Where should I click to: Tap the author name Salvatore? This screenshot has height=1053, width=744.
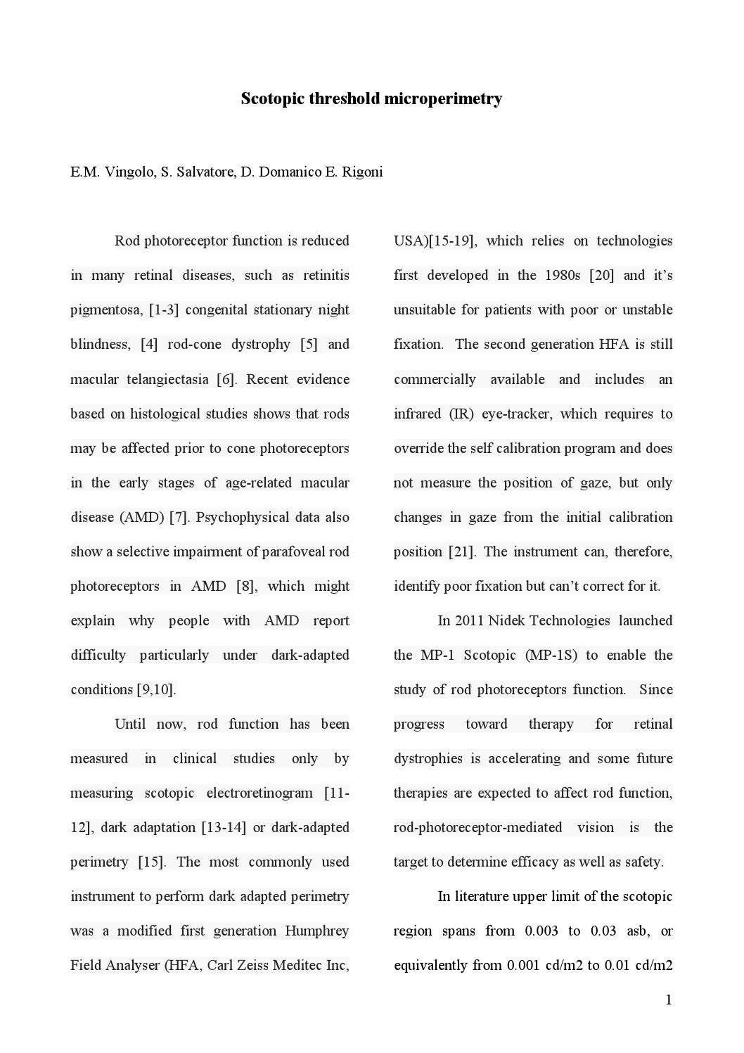click(x=197, y=172)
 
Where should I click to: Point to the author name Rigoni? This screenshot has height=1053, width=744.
click(x=362, y=172)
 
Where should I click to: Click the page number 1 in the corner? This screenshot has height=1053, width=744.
click(x=669, y=1000)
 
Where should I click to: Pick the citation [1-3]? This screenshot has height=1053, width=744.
click(x=164, y=310)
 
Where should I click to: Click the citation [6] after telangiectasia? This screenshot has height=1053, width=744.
click(x=226, y=380)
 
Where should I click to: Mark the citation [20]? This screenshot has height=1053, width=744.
click(x=601, y=276)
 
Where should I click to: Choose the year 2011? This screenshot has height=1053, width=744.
click(x=469, y=621)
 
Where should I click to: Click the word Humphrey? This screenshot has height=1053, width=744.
click(x=316, y=931)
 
